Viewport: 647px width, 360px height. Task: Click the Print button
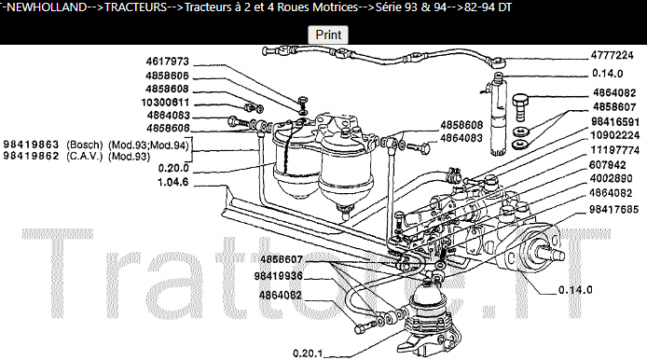[x=328, y=35]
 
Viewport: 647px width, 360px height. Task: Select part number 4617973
[x=168, y=62]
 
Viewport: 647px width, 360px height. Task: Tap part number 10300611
[x=168, y=103]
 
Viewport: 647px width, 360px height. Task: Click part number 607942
[x=619, y=163]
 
